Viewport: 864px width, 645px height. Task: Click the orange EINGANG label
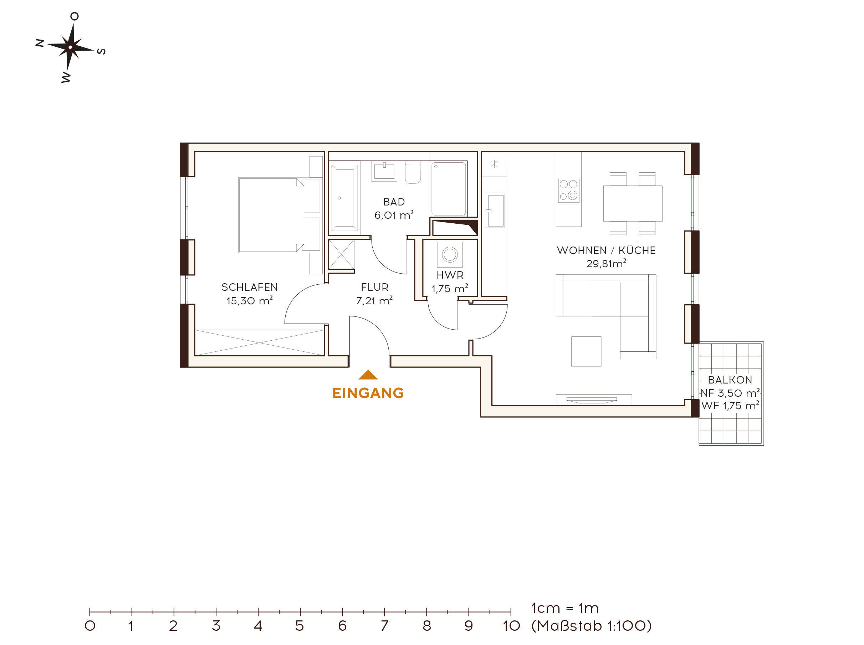(x=368, y=393)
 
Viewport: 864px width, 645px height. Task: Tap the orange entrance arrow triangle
(x=368, y=375)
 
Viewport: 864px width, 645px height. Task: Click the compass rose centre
(x=70, y=47)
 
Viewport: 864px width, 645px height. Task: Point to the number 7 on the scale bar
(x=384, y=626)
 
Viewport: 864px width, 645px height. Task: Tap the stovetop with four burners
(x=568, y=190)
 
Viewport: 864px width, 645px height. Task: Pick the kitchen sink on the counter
(x=494, y=211)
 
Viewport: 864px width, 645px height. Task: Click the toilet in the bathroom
(x=413, y=173)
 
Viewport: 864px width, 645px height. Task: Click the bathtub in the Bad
(x=344, y=198)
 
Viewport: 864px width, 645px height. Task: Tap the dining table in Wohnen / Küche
(x=632, y=203)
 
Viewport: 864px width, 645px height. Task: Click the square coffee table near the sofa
(x=586, y=351)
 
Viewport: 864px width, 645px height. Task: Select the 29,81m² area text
(x=606, y=264)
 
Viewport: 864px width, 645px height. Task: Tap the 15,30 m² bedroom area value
(x=249, y=301)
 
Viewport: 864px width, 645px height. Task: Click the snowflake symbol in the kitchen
(x=494, y=164)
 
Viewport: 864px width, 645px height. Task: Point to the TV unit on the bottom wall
(x=593, y=400)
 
